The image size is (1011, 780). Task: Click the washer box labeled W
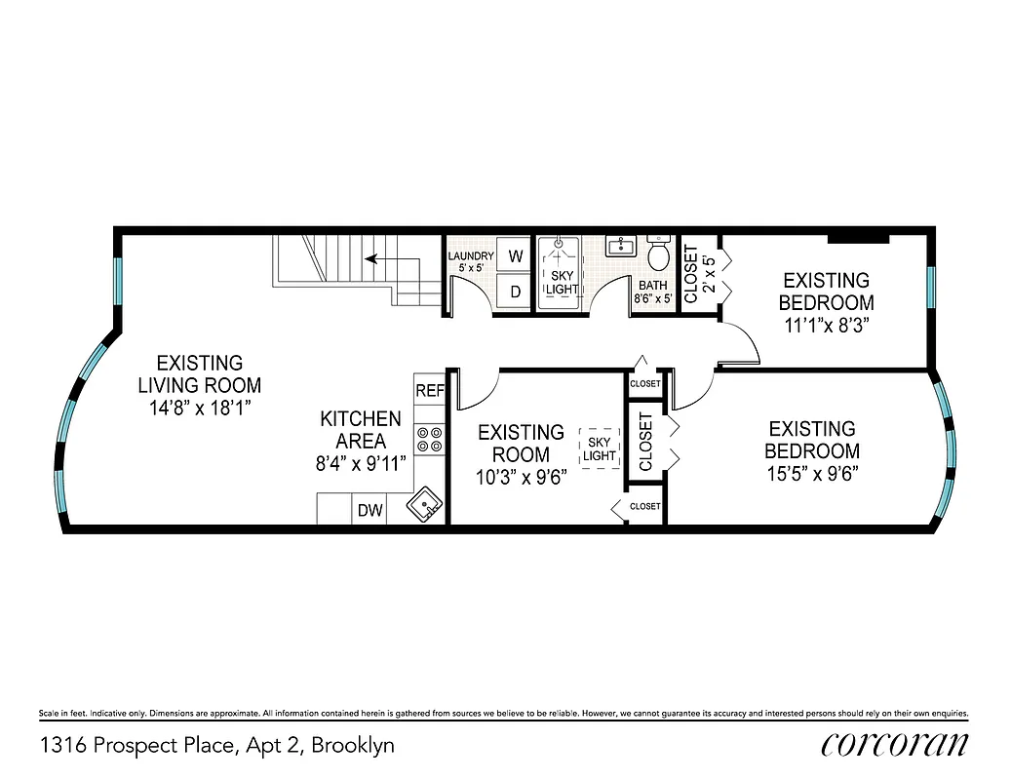515,255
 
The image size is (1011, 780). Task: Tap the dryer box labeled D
515,291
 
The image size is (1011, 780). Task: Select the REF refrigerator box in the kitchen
430,390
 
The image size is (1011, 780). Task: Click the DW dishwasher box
369,509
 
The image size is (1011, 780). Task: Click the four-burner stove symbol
430,440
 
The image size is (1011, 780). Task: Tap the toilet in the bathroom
659,255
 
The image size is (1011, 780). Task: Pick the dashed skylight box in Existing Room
600,448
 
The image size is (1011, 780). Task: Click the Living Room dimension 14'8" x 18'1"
200,409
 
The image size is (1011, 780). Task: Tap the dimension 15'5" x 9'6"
812,474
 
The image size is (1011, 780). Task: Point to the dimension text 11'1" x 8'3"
827,325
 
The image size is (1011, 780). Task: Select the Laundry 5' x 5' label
471,261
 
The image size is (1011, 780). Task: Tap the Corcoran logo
894,745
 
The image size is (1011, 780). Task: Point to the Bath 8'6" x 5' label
653,292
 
